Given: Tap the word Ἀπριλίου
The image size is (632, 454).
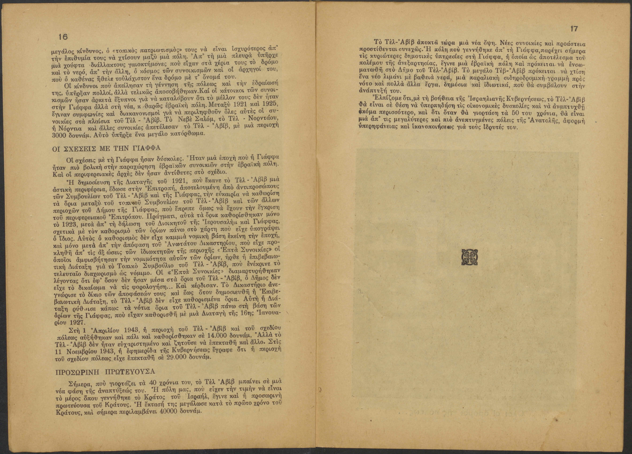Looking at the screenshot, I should point(100,329).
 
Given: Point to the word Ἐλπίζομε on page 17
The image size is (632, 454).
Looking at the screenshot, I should point(380,100).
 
